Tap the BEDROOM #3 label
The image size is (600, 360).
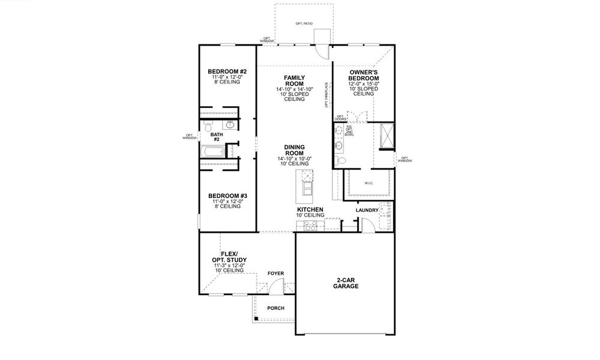coord(224,196)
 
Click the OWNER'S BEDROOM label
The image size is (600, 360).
coord(364,76)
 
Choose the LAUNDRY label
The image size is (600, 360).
coord(366,210)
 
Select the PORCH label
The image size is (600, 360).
coord(275,308)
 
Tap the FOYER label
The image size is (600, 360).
coord(275,274)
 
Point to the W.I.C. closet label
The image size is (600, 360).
coord(369,184)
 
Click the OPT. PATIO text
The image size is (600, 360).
coord(304,23)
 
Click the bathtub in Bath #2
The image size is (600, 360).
coord(212,151)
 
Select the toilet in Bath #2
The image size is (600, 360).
coord(208,127)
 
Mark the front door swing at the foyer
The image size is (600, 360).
coord(275,289)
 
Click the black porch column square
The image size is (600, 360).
coord(256,319)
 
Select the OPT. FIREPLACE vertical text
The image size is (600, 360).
coord(326,95)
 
